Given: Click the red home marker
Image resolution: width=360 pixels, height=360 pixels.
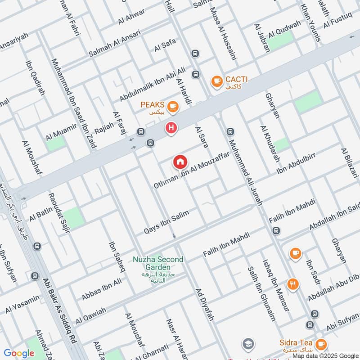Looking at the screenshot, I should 180,161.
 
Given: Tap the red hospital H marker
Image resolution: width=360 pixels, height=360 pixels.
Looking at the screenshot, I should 171,128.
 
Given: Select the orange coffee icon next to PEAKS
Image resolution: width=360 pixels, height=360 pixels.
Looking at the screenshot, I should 172,107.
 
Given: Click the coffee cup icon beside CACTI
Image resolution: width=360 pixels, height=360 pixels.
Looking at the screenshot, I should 217,81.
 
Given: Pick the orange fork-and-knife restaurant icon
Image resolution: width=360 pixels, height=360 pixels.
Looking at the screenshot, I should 292,284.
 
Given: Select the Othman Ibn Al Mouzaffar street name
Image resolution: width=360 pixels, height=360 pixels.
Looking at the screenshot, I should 192,170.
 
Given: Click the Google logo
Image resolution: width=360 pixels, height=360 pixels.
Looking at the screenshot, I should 19,353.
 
